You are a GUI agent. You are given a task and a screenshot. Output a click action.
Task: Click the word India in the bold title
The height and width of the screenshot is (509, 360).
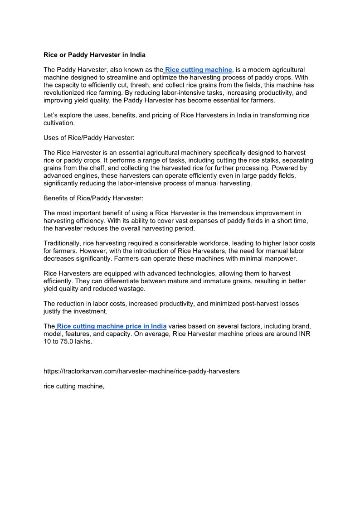[137, 55]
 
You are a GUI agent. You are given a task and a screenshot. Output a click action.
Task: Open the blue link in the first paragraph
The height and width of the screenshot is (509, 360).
[199, 70]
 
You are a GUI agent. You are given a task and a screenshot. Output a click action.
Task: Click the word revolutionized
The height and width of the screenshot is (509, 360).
[65, 93]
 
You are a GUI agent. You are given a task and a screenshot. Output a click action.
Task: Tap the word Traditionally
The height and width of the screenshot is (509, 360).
[63, 243]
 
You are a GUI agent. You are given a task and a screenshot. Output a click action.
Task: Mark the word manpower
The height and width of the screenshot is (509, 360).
[280, 259]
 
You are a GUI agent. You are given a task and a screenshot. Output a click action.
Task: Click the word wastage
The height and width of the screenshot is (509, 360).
[132, 289]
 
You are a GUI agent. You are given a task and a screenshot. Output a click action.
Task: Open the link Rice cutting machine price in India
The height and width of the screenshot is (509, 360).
[112, 326]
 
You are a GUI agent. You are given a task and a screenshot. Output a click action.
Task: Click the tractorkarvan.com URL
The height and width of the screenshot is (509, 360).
[141, 371]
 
